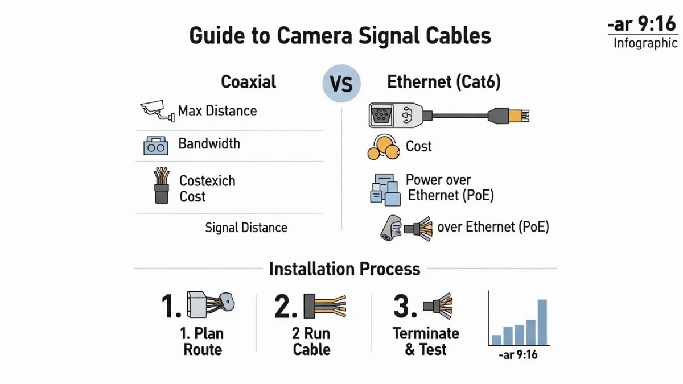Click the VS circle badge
pyautogui.click(x=341, y=84)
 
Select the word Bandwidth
pyautogui.click(x=209, y=143)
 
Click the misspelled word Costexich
pyautogui.click(x=207, y=181)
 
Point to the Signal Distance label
pyautogui.click(x=246, y=228)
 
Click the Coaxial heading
pyautogui.click(x=249, y=82)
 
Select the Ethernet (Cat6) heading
pyautogui.click(x=444, y=82)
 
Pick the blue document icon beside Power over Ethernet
pyautogui.click(x=382, y=189)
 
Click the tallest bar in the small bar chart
pyautogui.click(x=542, y=322)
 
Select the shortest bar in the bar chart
pyautogui.click(x=496, y=340)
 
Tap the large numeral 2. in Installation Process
pyautogui.click(x=286, y=307)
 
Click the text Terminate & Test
pyautogui.click(x=426, y=341)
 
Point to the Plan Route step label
pyautogui.click(x=203, y=341)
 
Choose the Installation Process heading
pyautogui.click(x=344, y=269)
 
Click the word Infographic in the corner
pyautogui.click(x=645, y=43)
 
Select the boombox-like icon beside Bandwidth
pyautogui.click(x=155, y=147)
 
